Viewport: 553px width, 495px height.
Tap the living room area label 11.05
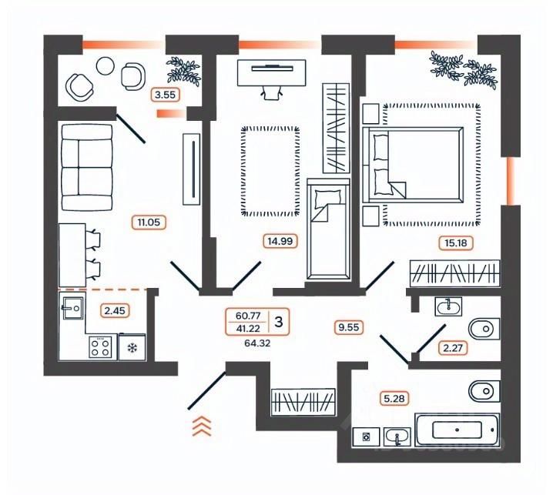click(151, 223)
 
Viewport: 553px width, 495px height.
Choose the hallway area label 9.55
click(348, 326)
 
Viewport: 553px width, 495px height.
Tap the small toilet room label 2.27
click(454, 348)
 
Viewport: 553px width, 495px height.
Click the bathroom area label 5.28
click(393, 398)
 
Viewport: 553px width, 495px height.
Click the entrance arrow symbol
click(202, 426)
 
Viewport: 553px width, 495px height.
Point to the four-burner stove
click(100, 347)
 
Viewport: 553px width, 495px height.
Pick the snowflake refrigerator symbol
click(132, 348)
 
